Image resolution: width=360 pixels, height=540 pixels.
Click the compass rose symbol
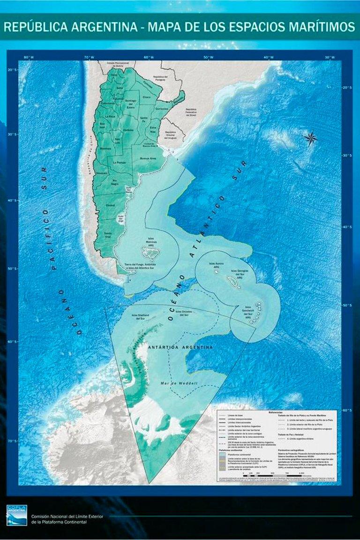click(x=310, y=138)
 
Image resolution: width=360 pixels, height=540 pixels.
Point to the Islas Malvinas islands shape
click(x=151, y=254)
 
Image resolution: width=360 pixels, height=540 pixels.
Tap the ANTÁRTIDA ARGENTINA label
click(x=180, y=347)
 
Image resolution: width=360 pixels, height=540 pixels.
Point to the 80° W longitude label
click(x=29, y=57)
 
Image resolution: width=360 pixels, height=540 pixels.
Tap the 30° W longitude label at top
click(x=330, y=57)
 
